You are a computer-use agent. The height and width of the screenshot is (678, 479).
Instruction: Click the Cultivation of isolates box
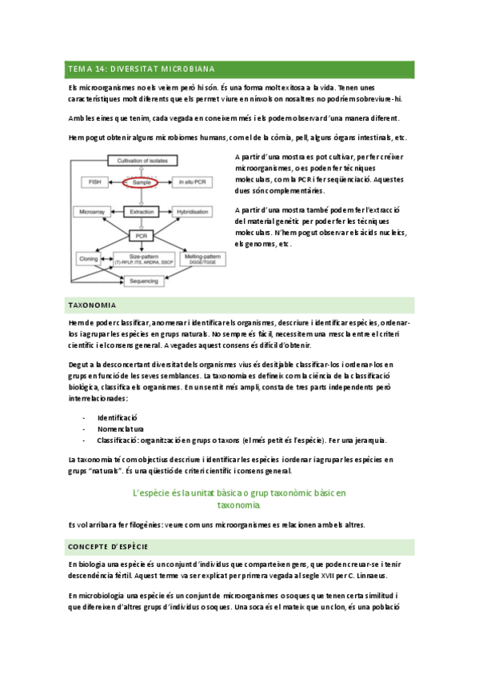140,162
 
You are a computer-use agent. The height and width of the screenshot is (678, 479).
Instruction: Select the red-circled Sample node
142,183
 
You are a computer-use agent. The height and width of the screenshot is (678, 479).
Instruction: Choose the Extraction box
142,212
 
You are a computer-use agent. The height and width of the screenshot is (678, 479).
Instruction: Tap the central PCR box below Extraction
142,236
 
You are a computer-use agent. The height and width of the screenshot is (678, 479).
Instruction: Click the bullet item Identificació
118,417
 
